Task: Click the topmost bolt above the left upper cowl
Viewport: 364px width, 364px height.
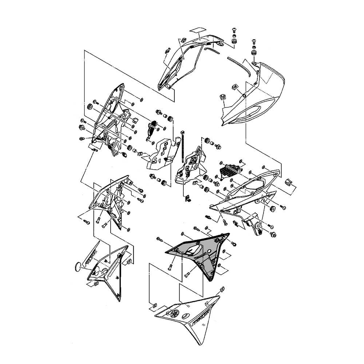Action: click(x=234, y=29)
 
